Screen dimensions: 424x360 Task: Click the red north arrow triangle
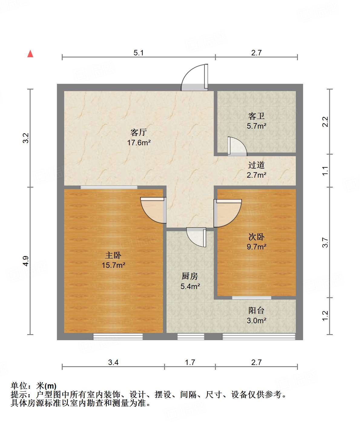click(30, 54)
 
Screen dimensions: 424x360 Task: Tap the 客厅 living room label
click(139, 132)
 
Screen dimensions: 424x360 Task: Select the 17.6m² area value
click(139, 143)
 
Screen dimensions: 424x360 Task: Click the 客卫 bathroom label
click(256, 116)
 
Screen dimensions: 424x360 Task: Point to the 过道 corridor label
click(256, 165)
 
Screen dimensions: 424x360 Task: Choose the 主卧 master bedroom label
click(113, 255)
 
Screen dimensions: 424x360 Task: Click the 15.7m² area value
click(113, 265)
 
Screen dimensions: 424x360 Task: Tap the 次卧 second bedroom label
click(256, 236)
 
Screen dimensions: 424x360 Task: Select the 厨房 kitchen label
click(190, 276)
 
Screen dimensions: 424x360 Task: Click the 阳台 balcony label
click(256, 310)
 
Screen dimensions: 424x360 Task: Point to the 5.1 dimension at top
click(139, 53)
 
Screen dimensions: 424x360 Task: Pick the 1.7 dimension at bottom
click(190, 362)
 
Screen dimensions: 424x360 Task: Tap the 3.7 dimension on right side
click(325, 242)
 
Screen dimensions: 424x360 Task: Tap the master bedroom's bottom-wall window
click(118, 336)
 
